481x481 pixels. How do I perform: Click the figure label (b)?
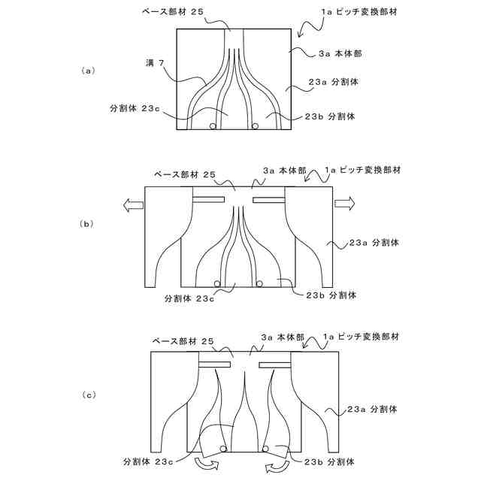[87, 223]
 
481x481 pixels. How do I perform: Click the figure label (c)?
[87, 394]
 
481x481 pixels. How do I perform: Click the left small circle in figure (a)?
[213, 126]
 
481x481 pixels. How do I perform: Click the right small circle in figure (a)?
[256, 126]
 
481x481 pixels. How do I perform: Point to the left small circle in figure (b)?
[217, 283]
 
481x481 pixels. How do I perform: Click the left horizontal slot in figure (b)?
[209, 199]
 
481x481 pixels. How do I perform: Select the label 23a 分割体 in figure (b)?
[374, 243]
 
